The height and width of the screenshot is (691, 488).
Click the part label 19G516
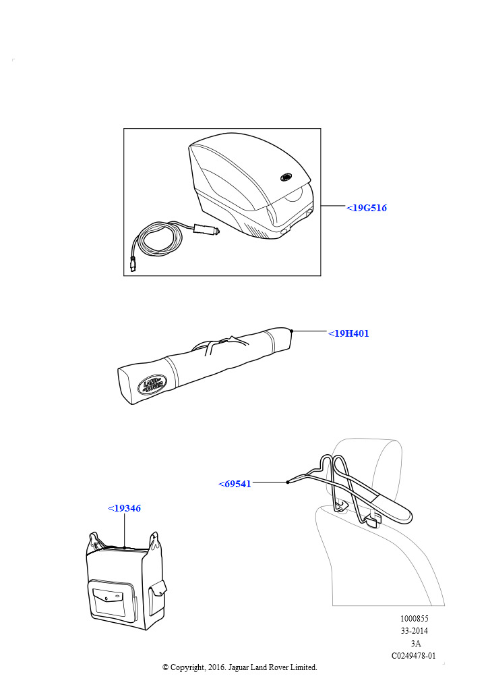coord(367,208)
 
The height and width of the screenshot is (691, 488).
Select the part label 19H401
coord(348,333)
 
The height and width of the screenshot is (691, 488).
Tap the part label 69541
coord(235,484)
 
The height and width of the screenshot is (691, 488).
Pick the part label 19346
coord(125,508)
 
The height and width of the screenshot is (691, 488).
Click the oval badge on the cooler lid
coord(286,177)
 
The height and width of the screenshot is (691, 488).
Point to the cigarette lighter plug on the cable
coord(206,229)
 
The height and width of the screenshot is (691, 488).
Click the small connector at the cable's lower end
coord(133,264)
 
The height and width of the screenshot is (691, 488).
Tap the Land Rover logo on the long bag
coord(152,384)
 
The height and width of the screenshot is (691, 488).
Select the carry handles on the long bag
coord(220,343)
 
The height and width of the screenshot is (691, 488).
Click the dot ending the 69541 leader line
coord(287,482)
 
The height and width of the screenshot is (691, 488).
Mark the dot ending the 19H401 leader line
coord(291,331)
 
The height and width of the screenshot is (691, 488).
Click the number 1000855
coord(414,619)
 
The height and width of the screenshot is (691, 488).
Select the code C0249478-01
coord(414,656)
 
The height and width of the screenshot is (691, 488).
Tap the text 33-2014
coord(414,631)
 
